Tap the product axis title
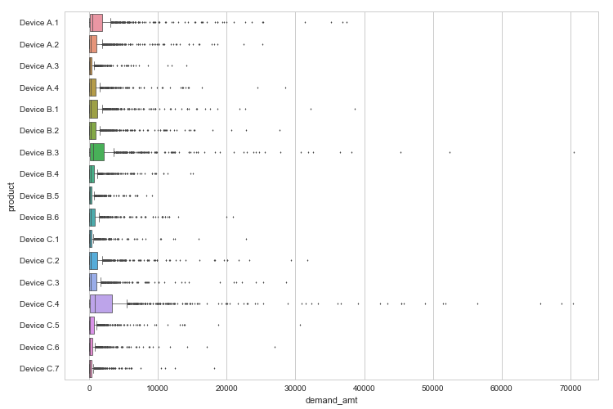tap(11, 196)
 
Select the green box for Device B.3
tap(97, 152)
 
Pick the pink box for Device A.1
tap(96, 23)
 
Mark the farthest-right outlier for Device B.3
tap(574, 152)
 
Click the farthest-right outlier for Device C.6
tap(275, 348)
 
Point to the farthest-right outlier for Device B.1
tap(355, 109)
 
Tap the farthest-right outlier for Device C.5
tap(300, 326)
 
